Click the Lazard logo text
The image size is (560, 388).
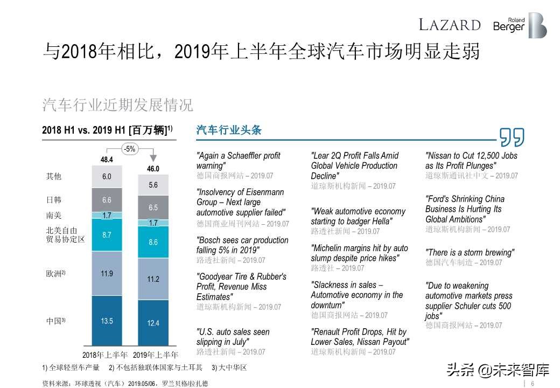[450, 25]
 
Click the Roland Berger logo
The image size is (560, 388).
[520, 25]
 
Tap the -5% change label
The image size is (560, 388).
[130, 149]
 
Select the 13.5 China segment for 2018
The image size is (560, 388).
[107, 321]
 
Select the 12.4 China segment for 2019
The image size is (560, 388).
[153, 323]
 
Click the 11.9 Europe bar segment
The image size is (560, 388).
[107, 274]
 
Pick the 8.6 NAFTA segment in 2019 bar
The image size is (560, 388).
[153, 242]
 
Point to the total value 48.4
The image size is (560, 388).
[107, 160]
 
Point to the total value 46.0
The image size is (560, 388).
[153, 169]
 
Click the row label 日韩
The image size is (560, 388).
[54, 200]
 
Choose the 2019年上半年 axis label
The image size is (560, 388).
[155, 355]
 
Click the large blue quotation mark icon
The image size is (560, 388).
[512, 137]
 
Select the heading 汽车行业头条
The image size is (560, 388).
[229, 130]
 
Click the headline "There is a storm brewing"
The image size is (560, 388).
[470, 253]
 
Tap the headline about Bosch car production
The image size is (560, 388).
[242, 245]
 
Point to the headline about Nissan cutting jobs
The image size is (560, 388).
[471, 161]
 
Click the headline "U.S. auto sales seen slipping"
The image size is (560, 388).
[233, 337]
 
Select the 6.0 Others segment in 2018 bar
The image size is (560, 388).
[107, 177]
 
